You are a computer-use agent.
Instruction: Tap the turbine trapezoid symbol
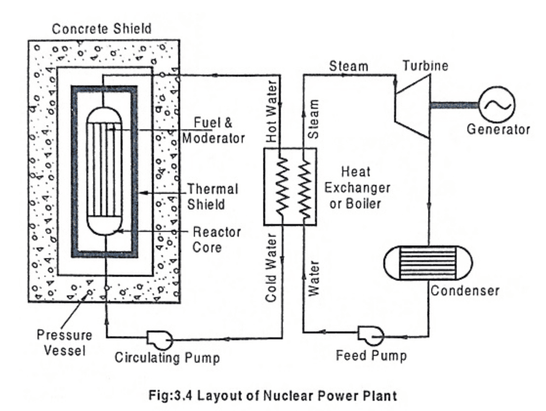(413, 106)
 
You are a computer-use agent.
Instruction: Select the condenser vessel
(428, 262)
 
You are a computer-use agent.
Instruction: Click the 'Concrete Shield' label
(102, 29)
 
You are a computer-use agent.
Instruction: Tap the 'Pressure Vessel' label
(64, 343)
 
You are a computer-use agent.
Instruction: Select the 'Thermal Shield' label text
(212, 196)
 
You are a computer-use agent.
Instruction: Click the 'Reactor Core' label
(216, 239)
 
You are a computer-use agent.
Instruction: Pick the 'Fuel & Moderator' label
(213, 130)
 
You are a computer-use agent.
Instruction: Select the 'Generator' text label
(498, 129)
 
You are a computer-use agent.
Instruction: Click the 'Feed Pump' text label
(371, 355)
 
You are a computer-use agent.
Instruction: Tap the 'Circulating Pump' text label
(167, 358)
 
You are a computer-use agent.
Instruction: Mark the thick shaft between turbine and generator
(454, 104)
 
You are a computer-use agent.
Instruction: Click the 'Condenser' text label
(464, 291)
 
